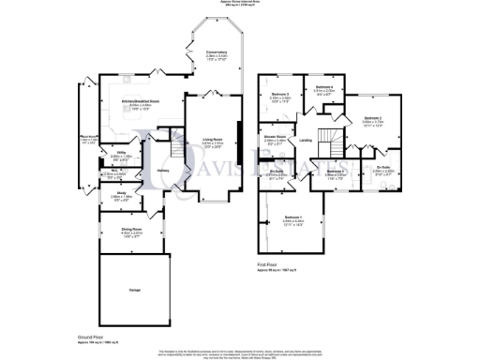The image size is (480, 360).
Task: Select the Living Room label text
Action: point(215,141)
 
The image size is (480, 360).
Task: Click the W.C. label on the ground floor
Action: point(113,172)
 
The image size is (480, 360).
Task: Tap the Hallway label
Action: point(162,170)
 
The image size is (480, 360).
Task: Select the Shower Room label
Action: point(274,138)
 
